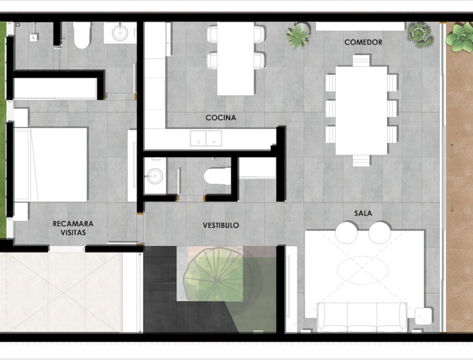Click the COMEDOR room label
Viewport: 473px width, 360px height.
(363, 42)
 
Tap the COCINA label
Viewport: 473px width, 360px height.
(221, 118)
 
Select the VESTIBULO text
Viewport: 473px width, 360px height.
(221, 225)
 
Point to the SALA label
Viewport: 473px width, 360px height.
(363, 213)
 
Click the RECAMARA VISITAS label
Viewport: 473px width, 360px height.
(73, 228)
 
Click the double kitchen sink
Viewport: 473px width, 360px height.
(206, 138)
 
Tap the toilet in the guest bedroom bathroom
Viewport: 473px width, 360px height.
(82, 35)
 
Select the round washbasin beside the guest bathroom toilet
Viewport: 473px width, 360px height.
(120, 33)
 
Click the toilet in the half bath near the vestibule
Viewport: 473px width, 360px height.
(217, 176)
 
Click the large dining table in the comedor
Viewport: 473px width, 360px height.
(361, 110)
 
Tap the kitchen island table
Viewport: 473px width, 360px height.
(236, 59)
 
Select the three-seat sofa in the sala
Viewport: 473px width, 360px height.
(362, 317)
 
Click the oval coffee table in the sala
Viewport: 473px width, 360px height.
(363, 269)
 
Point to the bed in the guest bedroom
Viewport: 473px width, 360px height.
(51, 165)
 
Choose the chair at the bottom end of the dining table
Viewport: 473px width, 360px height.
(361, 160)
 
